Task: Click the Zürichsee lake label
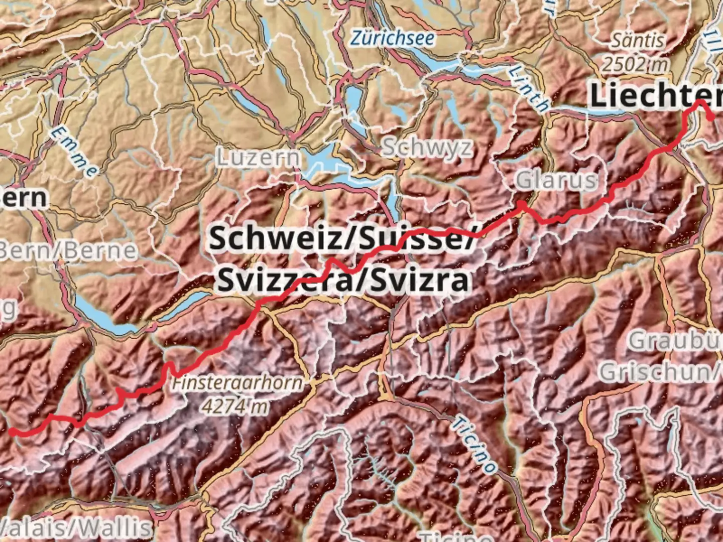[x=393, y=38]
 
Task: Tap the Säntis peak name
[x=637, y=41]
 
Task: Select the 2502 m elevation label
[x=636, y=64]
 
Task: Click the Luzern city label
[x=259, y=158]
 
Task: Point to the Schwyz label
[x=427, y=147]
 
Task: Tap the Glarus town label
[x=557, y=180]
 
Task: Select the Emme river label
[x=74, y=152]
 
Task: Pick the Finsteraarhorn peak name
[x=237, y=383]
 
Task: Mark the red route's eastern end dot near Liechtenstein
[x=711, y=117]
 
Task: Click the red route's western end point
[x=11, y=431]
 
